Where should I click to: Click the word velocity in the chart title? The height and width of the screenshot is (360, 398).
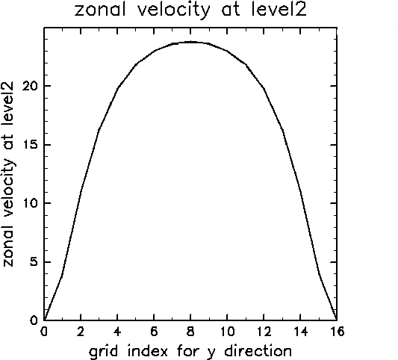tap(174, 10)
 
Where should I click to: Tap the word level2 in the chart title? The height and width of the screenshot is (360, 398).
tap(279, 10)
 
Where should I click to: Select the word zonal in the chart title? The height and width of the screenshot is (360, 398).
tap(100, 10)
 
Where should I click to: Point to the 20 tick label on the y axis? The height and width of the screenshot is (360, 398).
tap(30, 86)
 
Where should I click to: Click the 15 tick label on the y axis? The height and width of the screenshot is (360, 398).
tap(31, 145)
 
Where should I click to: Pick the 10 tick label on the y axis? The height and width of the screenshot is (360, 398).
tap(31, 203)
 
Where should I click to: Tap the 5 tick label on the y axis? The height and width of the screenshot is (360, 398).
tap(34, 261)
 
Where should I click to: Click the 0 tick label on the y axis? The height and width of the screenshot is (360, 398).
tap(34, 320)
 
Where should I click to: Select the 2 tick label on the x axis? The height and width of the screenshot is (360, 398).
tap(81, 332)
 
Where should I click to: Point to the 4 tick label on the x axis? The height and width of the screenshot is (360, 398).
tap(117, 332)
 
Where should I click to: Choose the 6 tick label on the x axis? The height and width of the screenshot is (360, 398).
tap(154, 332)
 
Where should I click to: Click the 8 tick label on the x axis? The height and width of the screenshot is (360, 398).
tap(190, 332)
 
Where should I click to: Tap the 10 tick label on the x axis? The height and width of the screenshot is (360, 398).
tap(227, 332)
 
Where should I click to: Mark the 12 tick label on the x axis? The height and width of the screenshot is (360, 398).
tap(264, 332)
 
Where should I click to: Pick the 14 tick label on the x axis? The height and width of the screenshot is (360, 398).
tap(300, 332)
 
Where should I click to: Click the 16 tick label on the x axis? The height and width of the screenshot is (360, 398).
tap(337, 332)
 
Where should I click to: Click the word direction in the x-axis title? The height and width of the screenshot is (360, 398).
tap(258, 351)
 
